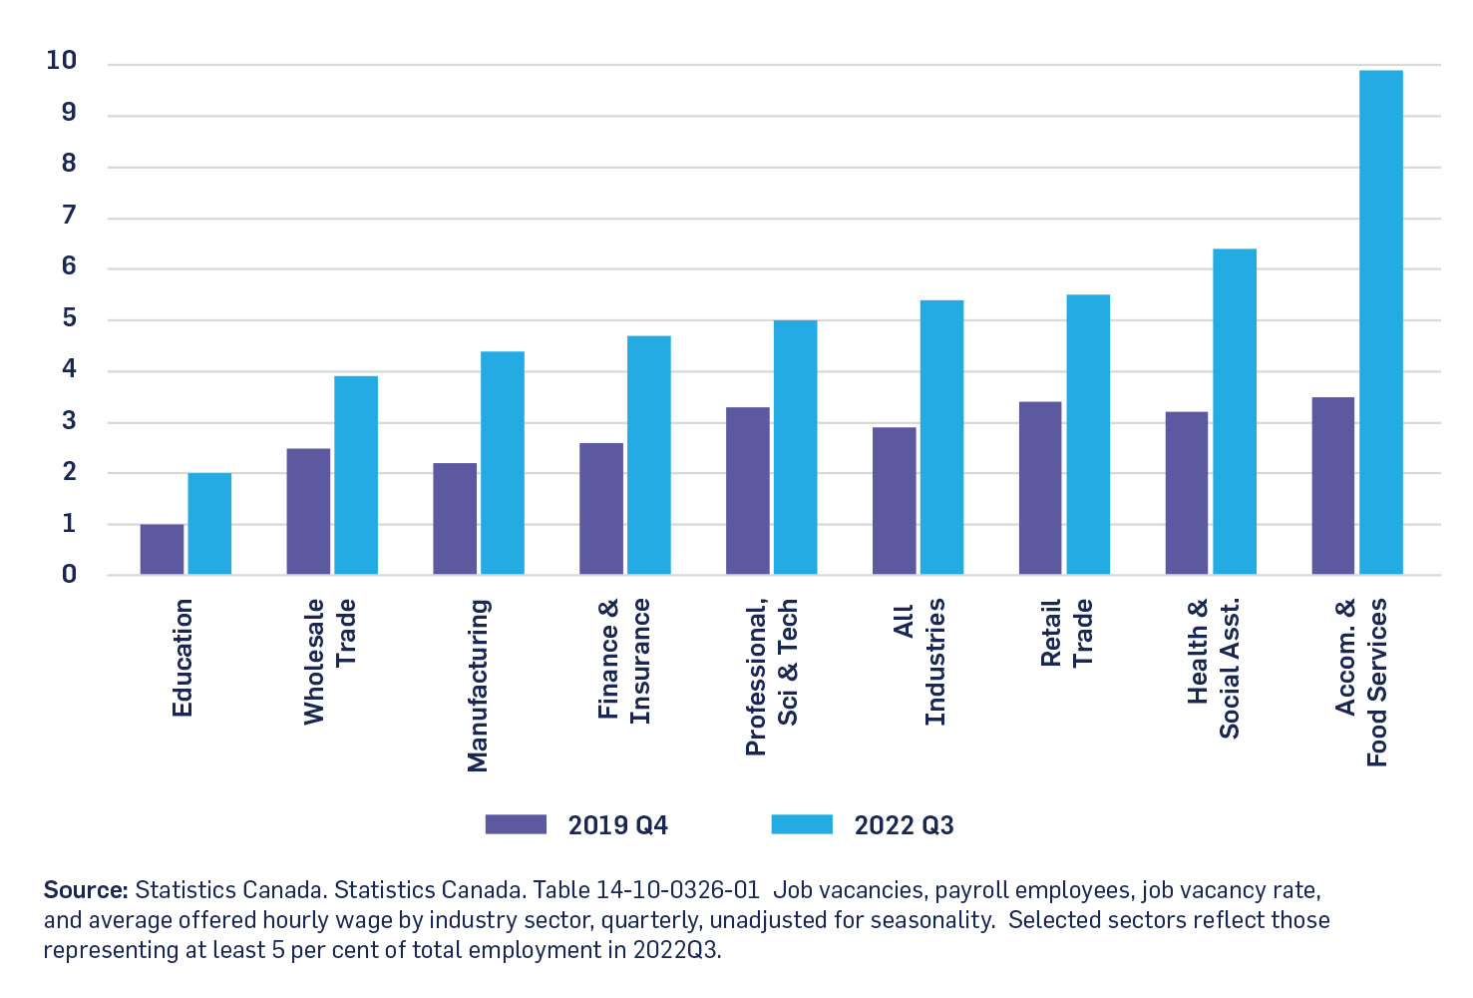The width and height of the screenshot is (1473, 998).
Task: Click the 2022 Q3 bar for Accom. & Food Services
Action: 1380,322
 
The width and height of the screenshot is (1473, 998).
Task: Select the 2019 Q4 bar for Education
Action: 162,549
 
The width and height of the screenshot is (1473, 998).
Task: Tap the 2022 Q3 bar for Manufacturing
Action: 502,463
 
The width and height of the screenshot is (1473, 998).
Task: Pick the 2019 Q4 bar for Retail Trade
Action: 1040,488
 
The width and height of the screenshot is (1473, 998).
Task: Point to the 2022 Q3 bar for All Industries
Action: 941,437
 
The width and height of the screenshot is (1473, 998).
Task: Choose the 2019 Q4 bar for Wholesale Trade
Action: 308,511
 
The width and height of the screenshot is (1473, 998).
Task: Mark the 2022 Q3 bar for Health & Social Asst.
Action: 1234,411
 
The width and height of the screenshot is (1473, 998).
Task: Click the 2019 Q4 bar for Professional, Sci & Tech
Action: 747,491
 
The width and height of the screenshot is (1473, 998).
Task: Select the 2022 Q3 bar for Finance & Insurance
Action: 648,455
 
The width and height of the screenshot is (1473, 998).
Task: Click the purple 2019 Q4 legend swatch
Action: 516,824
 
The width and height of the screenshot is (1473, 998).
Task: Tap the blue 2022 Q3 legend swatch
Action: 802,824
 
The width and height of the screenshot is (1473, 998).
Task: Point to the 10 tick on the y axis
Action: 61,61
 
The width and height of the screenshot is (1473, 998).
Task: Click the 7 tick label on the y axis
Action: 68,216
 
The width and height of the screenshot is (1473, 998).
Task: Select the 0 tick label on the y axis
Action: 68,574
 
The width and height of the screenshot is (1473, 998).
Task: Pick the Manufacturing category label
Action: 478,685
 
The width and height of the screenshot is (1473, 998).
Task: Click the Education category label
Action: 182,658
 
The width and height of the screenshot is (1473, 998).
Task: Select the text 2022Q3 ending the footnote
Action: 675,949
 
